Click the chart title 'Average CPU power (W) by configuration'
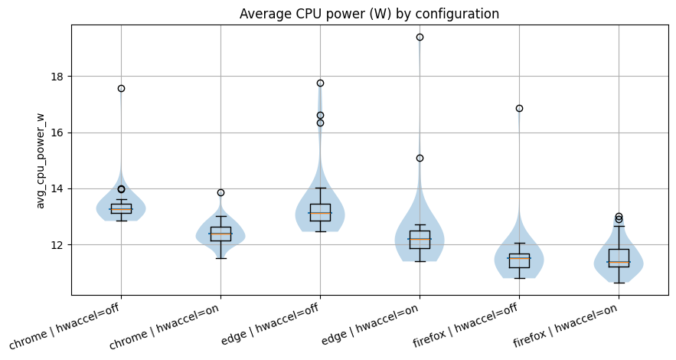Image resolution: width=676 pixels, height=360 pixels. (x=369, y=14)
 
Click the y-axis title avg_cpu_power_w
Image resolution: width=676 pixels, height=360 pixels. (x=41, y=160)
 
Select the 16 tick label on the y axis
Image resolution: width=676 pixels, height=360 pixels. (x=58, y=133)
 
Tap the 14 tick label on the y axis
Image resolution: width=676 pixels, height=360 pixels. (x=58, y=189)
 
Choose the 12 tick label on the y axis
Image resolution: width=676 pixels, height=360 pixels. (x=58, y=245)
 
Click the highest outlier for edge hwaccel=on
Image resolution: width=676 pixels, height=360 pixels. (x=420, y=37)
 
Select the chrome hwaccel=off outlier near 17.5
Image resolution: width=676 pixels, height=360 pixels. (x=121, y=88)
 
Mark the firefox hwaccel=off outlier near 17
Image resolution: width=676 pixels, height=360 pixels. (x=519, y=108)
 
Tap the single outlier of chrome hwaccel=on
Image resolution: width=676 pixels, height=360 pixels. (x=220, y=192)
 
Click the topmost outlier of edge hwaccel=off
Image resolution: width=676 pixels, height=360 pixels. (x=320, y=83)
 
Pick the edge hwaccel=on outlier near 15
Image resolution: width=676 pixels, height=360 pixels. (x=420, y=158)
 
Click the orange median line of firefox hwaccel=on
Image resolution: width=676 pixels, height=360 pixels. (x=619, y=262)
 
